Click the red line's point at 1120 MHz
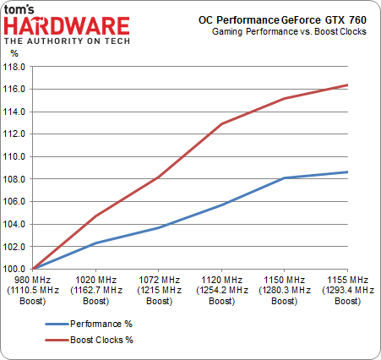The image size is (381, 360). pos(221,123)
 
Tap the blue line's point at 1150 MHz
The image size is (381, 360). pos(285,177)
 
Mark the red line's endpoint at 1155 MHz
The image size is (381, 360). pos(347,85)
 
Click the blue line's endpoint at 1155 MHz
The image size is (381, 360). pos(347,172)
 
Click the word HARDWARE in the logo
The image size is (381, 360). pos(66,25)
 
